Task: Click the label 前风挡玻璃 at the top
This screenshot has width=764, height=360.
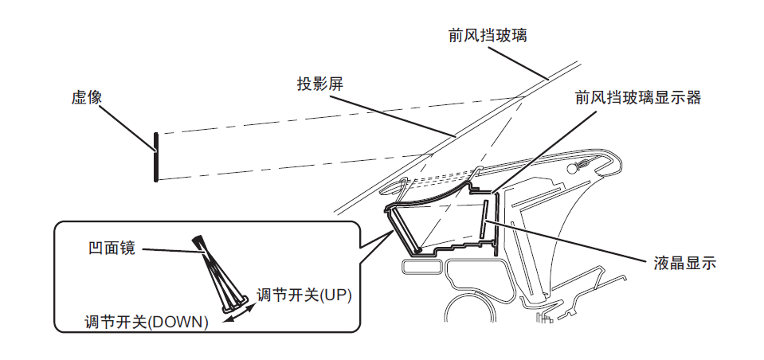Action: coord(488,36)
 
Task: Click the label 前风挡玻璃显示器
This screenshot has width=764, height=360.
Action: coord(637,97)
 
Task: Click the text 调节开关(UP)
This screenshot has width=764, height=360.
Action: coord(304,295)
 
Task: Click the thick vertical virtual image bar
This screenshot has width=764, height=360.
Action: coord(156,156)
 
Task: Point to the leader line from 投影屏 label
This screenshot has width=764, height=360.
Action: coord(398,117)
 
